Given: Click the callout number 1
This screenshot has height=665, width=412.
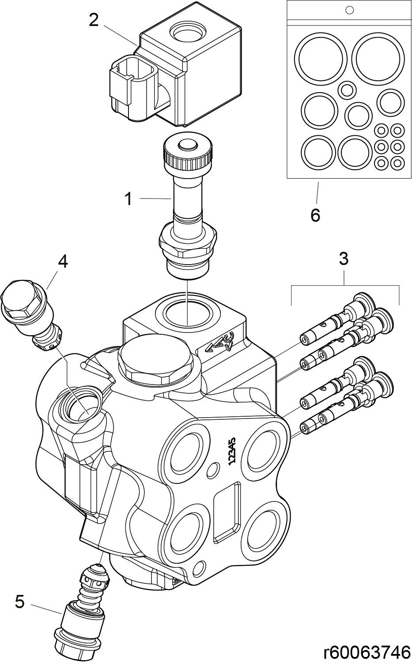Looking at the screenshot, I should point(128,199).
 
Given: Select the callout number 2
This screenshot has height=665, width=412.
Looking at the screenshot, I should point(93,20).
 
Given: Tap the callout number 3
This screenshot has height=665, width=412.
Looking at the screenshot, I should point(344,259).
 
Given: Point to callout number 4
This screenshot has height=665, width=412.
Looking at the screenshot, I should point(63,262).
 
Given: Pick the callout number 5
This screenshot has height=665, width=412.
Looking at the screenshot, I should point(20,601).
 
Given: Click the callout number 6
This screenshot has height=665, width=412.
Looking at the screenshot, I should point(315,215).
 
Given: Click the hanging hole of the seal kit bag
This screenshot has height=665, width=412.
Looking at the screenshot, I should point(350,10).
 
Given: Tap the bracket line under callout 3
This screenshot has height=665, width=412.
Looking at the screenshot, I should point(345,287).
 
